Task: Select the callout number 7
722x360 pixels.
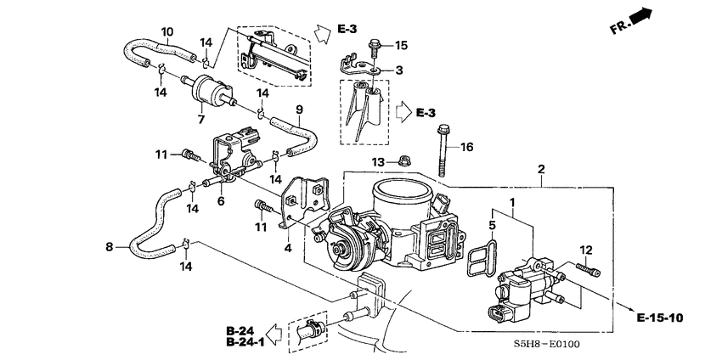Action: (x=201, y=119)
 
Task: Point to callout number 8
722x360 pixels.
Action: (x=109, y=247)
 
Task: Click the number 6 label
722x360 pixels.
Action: (x=221, y=200)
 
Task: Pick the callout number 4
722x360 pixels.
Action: (x=287, y=248)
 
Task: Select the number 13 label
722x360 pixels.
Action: (x=378, y=161)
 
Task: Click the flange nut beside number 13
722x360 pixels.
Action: (x=403, y=161)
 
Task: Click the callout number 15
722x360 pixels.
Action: (x=402, y=45)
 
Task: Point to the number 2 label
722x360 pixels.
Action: (x=540, y=169)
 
